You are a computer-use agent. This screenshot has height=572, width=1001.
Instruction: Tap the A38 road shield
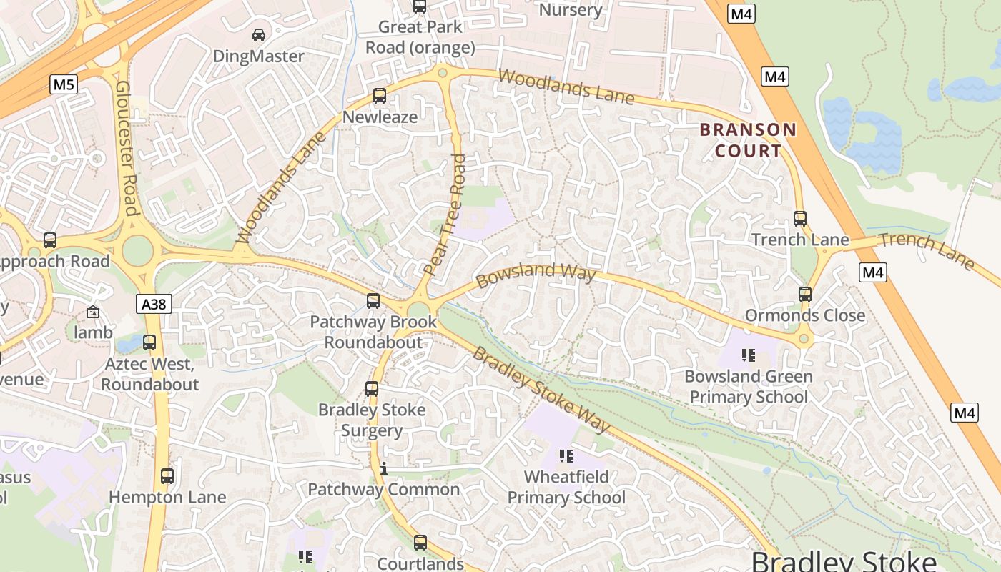pos(154,305)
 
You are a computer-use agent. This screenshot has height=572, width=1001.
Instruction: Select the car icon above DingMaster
pos(259,34)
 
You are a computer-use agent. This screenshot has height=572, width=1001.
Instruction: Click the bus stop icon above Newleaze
pos(380,96)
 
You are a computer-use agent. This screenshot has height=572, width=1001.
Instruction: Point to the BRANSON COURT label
pos(748,140)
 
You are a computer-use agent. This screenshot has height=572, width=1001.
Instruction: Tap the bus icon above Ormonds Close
pos(805,295)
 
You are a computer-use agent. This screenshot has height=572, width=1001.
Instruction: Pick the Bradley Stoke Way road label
pos(542,390)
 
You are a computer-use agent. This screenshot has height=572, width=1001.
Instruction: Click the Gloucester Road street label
pos(126,147)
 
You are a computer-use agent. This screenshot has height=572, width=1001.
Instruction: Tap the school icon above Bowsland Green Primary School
pos(749,355)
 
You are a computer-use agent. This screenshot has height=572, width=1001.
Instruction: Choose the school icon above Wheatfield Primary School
pos(566,456)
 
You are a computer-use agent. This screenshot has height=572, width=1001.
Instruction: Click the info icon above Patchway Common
pos(384,469)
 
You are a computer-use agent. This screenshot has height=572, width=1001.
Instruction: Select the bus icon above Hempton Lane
pos(167,476)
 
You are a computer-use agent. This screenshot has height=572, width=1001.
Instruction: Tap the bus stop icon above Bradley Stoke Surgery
pos(372,389)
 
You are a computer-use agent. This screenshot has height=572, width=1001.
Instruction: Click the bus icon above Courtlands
pos(420,543)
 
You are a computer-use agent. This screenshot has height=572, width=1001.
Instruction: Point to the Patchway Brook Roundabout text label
pos(373,332)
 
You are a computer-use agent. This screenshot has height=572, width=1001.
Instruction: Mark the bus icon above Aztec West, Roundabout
pos(149,342)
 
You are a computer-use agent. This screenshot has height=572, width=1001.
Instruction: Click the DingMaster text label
pos(259,56)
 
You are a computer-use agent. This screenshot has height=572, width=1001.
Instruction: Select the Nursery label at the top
pos(571,10)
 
